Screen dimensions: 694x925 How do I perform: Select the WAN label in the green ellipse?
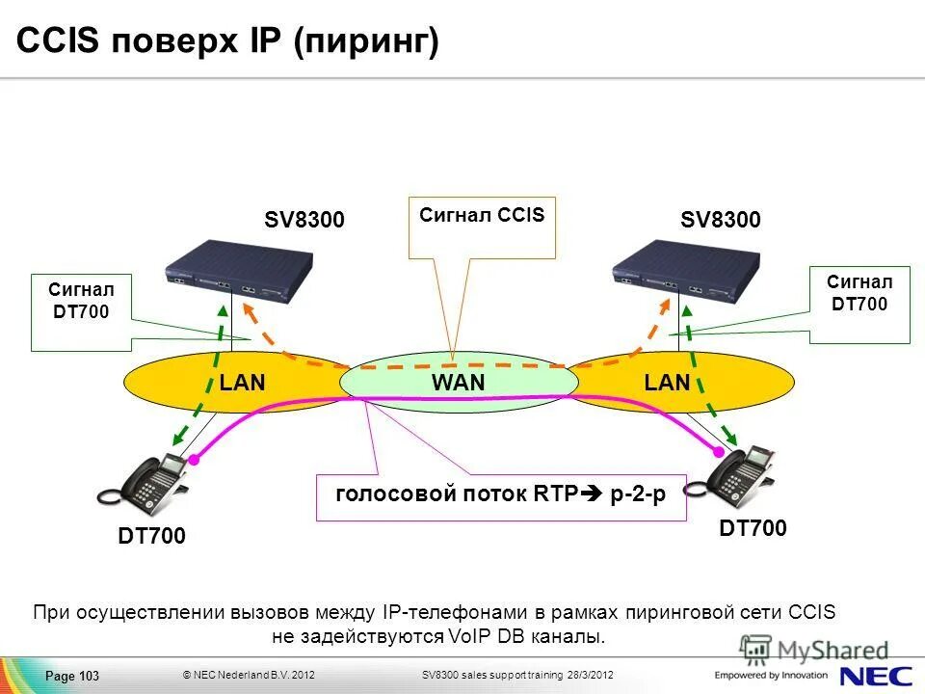(x=458, y=383)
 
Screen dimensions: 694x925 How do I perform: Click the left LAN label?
(x=242, y=383)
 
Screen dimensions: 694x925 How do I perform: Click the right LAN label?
(x=668, y=383)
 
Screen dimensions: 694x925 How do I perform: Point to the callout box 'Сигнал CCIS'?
(x=482, y=228)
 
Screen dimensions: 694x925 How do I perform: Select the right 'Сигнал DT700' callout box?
(x=859, y=305)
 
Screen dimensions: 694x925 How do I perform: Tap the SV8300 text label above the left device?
(x=304, y=220)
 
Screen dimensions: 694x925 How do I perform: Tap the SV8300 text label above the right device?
(x=721, y=220)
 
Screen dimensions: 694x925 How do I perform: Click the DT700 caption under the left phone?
(x=151, y=536)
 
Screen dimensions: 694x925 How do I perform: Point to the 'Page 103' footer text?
(x=72, y=676)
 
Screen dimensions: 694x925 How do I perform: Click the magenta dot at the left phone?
(x=193, y=463)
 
